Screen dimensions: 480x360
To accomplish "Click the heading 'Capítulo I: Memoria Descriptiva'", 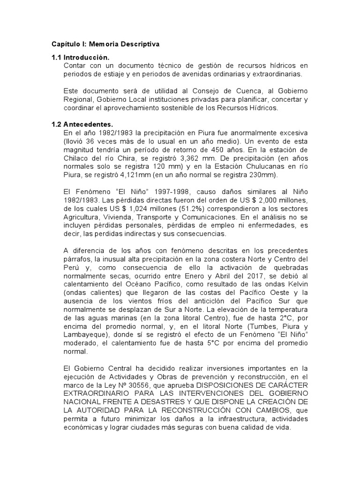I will (x=105, y=44).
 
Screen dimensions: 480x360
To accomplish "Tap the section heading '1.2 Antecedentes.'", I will (x=82, y=125).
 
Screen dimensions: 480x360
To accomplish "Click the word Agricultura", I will (x=81, y=217).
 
